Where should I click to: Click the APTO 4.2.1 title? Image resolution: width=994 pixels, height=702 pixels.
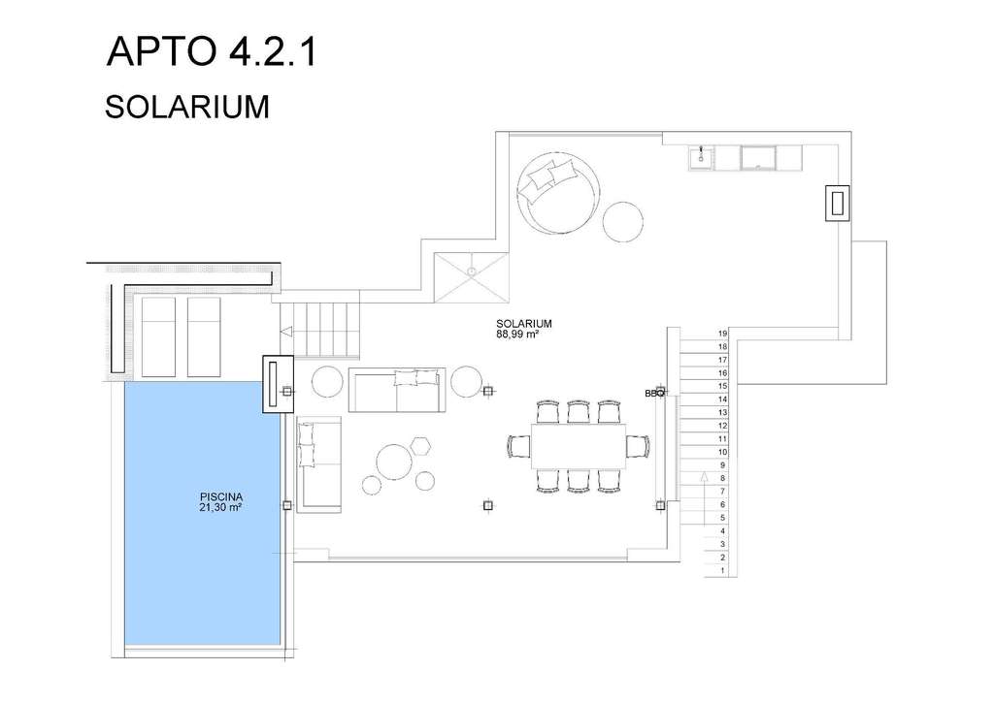pyautogui.click(x=211, y=51)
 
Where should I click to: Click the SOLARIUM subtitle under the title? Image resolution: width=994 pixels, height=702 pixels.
pyautogui.click(x=187, y=107)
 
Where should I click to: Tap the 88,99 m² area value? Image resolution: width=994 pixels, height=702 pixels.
pyautogui.click(x=517, y=335)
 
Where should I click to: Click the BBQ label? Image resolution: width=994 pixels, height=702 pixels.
pyautogui.click(x=653, y=393)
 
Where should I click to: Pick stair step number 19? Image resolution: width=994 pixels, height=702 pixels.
pyautogui.click(x=722, y=334)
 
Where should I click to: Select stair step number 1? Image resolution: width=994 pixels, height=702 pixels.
pyautogui.click(x=722, y=571)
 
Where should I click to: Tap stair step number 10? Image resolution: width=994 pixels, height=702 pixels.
pyautogui.click(x=722, y=452)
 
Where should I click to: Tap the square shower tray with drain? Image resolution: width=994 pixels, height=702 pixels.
pyautogui.click(x=472, y=277)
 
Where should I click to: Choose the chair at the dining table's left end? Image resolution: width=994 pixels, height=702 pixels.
pyautogui.click(x=519, y=446)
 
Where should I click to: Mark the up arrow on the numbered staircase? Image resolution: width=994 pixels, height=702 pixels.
pyautogui.click(x=704, y=498)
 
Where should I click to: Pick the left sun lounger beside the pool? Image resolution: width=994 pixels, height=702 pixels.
pyautogui.click(x=158, y=337)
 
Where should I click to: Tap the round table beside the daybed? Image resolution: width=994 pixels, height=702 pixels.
pyautogui.click(x=623, y=221)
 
